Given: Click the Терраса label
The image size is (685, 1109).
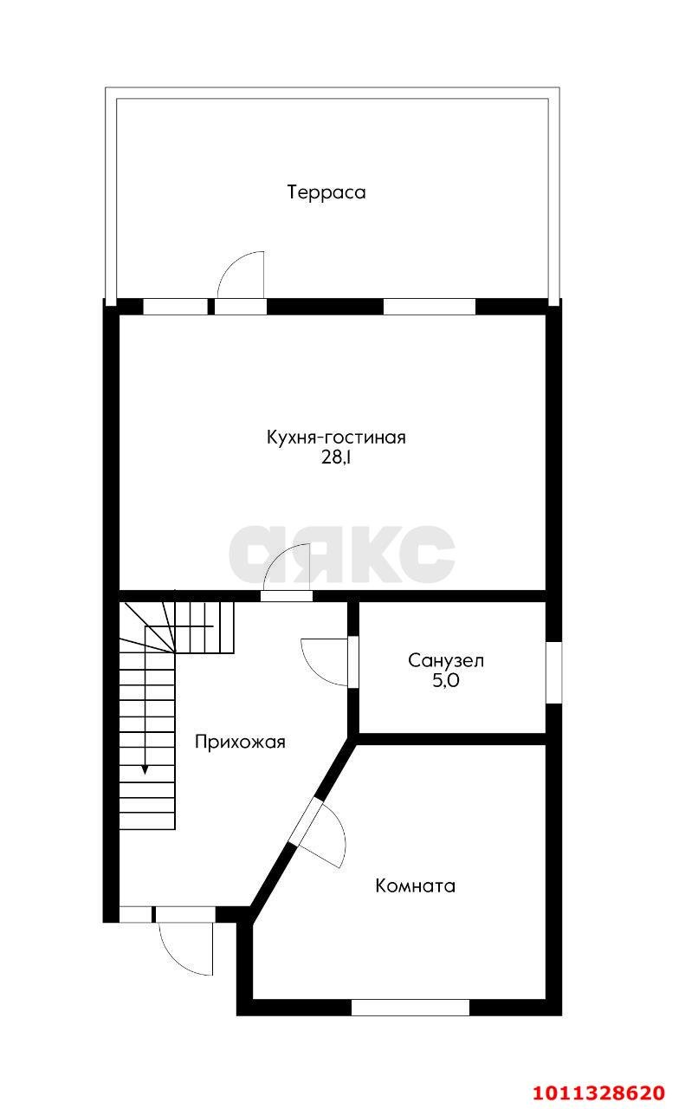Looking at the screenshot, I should click(x=326, y=192).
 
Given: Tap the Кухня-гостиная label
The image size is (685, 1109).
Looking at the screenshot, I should click(x=336, y=438).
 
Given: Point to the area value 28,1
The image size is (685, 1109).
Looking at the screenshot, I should click(x=336, y=458).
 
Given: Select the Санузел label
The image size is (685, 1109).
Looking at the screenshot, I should click(x=446, y=660).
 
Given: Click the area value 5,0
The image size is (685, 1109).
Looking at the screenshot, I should click(x=446, y=681).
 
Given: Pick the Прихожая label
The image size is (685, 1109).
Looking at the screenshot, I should click(x=240, y=742).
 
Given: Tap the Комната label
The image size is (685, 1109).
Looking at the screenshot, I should click(x=415, y=885).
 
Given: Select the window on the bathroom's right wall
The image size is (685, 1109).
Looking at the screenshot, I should click(x=553, y=671).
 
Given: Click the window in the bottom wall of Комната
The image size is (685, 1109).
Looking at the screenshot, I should click(x=410, y=1008).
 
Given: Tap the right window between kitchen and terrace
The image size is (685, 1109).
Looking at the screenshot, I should click(x=429, y=307).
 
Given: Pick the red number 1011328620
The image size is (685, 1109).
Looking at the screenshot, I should click(x=611, y=1092).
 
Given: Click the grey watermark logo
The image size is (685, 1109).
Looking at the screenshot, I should click(x=342, y=554).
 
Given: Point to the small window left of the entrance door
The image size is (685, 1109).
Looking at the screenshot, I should click(x=134, y=914).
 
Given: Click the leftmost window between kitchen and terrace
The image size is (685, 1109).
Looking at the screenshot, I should click(x=175, y=307).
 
